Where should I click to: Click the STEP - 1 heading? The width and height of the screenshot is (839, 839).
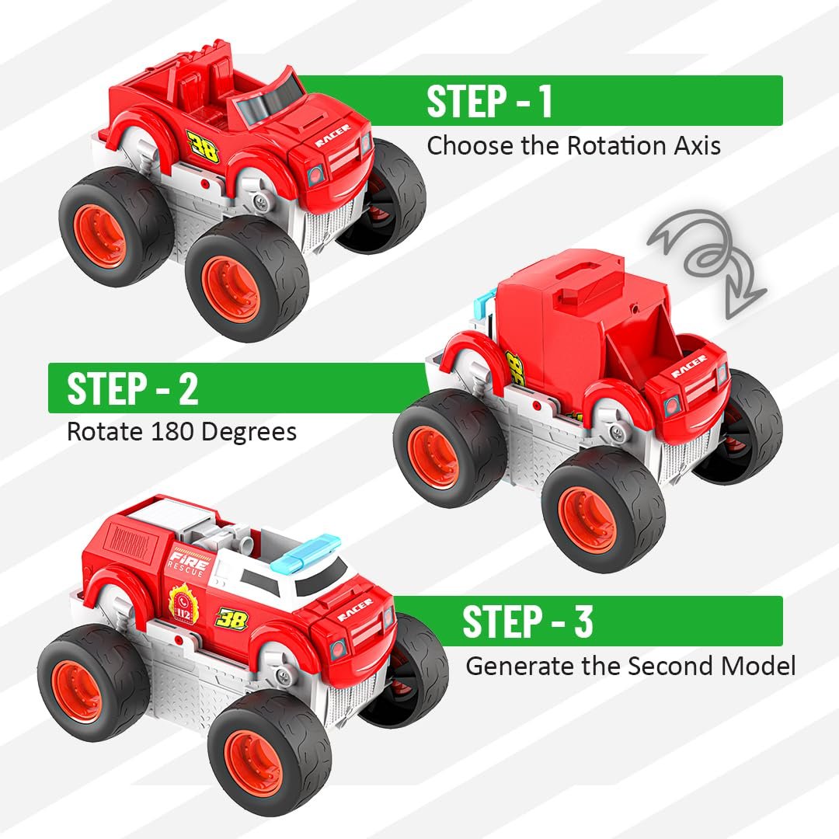[489, 101]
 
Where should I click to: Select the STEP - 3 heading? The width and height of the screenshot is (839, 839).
[527, 622]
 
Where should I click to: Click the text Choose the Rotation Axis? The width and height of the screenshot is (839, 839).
[573, 145]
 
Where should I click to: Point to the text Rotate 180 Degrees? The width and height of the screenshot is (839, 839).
[182, 431]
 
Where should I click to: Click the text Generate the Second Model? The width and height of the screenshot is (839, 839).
[630, 666]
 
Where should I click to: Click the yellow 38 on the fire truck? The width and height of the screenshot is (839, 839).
[232, 619]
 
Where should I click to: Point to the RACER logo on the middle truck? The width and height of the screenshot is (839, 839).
[688, 367]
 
